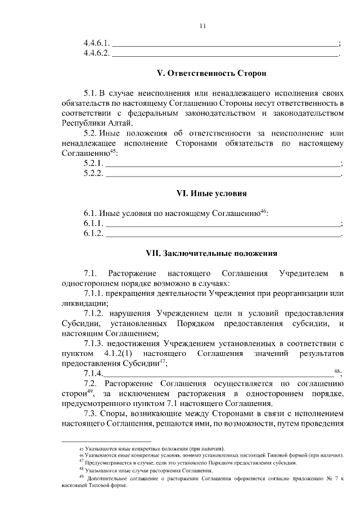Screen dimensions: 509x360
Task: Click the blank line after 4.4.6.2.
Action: (225, 55)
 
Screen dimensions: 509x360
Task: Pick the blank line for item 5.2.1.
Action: (223, 164)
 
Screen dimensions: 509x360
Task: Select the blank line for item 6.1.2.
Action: (223, 234)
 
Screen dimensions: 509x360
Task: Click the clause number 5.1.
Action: (90, 91)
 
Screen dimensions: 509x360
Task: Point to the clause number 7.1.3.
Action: (95, 343)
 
